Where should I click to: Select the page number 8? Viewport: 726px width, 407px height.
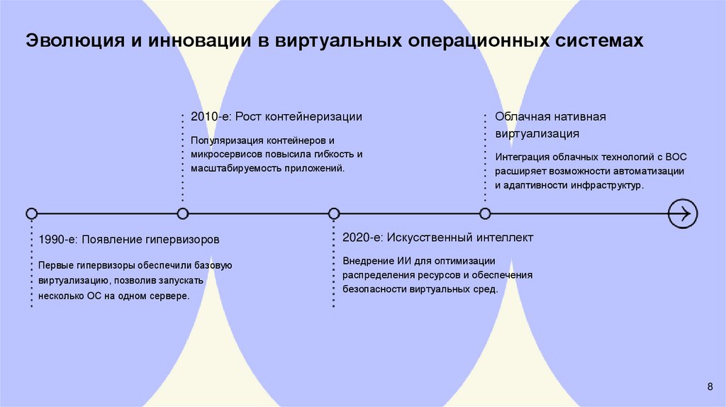click(x=710, y=386)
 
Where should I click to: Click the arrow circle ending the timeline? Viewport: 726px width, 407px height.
click(x=683, y=213)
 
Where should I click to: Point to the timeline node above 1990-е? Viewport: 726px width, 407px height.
click(x=31, y=213)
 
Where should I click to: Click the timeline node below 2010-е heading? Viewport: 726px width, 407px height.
click(x=183, y=213)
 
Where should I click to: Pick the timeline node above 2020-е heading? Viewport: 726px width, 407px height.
click(x=334, y=213)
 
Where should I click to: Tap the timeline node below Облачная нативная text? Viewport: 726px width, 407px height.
click(x=485, y=213)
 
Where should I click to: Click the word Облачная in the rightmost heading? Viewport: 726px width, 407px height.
click(x=519, y=116)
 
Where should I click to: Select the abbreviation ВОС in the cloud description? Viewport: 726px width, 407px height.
click(x=676, y=156)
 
